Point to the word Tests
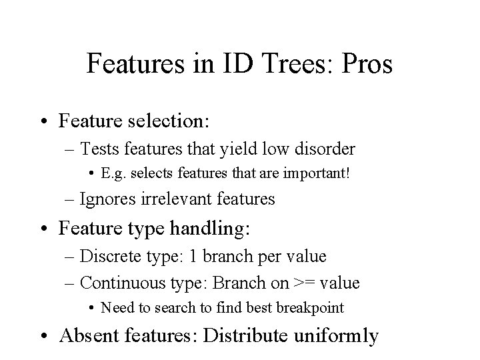pyautogui.click(x=99, y=148)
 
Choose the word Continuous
pyautogui.click(x=119, y=282)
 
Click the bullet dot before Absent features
pyautogui.click(x=46, y=335)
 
